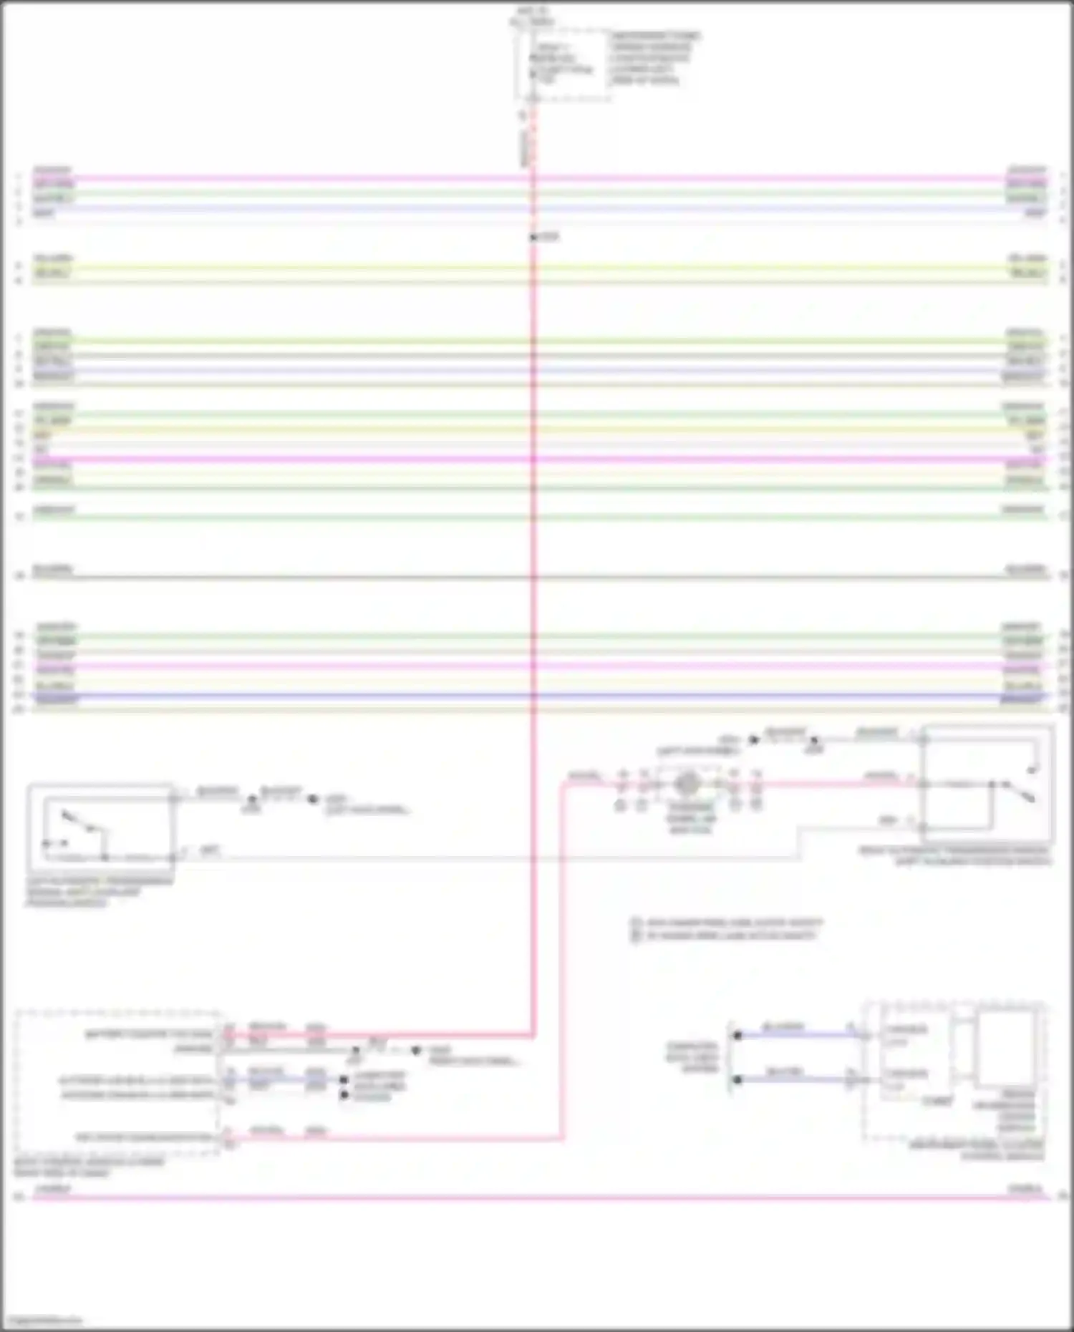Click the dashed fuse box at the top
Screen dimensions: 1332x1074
562,64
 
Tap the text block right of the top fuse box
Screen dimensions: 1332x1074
654,58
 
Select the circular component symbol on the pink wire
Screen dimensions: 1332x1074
687,784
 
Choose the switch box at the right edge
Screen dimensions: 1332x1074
988,784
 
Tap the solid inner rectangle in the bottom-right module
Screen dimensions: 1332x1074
1006,1048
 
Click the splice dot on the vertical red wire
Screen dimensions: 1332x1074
533,237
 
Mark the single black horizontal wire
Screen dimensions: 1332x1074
537,577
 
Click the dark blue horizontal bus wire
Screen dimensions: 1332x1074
537,695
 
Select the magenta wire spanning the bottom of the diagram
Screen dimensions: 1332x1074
537,1197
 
